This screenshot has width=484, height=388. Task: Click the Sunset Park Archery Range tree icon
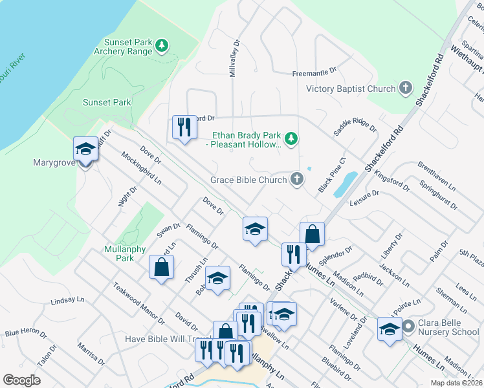coord(162,46)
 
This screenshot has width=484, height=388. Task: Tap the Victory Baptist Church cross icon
coord(406,88)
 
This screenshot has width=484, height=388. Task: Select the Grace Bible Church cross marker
coord(297,179)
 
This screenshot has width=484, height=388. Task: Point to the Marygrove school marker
coord(85,150)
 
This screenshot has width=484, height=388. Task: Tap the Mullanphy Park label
coord(119,253)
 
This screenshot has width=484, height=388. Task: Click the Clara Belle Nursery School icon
coord(408,327)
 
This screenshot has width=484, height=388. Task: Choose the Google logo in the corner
coord(21,380)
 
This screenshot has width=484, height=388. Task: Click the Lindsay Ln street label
coord(67,301)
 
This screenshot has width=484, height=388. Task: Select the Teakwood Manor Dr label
coord(138,302)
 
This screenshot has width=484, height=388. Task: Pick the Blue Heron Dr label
coord(26,333)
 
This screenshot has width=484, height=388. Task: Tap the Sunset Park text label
coord(107,102)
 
